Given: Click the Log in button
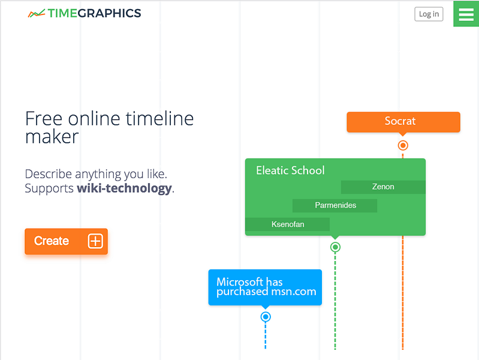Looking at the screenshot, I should click(x=429, y=14).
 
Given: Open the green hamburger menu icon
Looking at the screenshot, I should click(x=466, y=14).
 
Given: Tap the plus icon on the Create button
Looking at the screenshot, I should click(x=95, y=241).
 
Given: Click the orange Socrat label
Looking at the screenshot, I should click(x=403, y=122).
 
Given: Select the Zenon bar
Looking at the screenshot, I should click(x=383, y=187).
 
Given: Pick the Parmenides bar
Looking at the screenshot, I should click(x=335, y=206).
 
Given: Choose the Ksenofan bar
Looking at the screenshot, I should click(x=288, y=224).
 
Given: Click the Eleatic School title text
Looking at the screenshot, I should click(x=290, y=170).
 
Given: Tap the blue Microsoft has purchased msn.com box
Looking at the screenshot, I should click(x=265, y=287).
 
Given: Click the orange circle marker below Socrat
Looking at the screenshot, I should click(x=403, y=145).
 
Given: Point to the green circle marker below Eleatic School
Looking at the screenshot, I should click(x=335, y=247).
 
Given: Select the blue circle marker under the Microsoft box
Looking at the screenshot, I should click(x=266, y=316).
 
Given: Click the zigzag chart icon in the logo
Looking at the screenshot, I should click(x=36, y=13).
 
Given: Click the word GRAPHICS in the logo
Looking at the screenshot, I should click(x=109, y=13).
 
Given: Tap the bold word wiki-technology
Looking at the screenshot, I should click(x=124, y=188).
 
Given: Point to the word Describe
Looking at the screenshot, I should click(x=48, y=174).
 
